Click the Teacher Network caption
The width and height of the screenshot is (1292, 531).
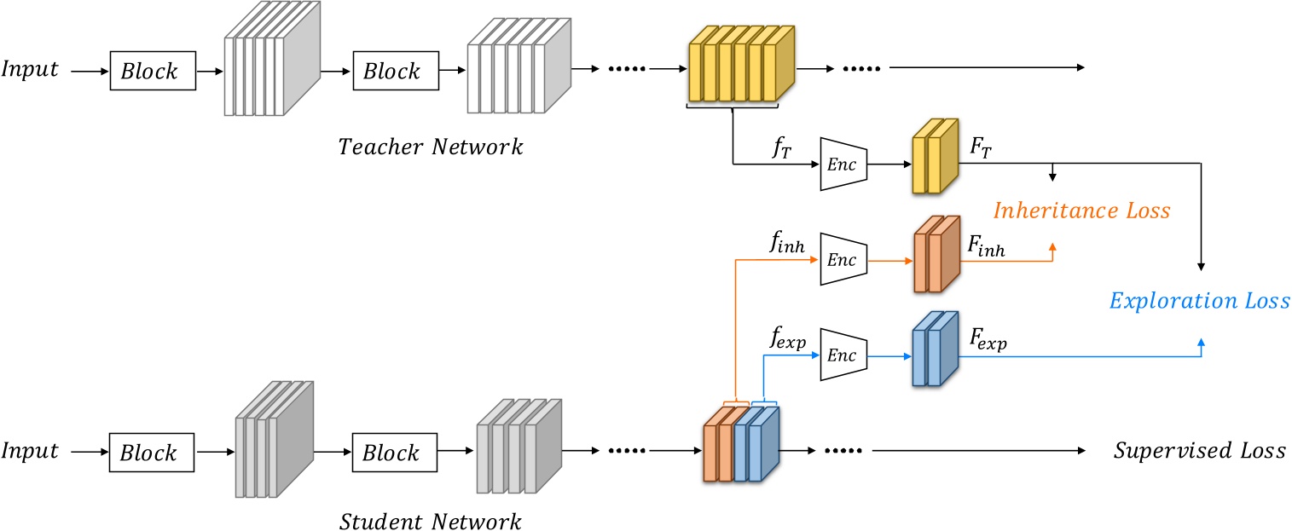[x=430, y=147]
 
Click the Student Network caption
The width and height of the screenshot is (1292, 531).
[x=430, y=519]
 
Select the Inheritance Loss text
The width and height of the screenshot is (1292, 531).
[x=1082, y=210]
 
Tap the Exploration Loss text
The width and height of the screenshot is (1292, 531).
[x=1199, y=300]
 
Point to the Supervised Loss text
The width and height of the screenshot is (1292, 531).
[x=1199, y=451]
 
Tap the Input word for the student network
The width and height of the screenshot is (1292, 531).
[x=31, y=451]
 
